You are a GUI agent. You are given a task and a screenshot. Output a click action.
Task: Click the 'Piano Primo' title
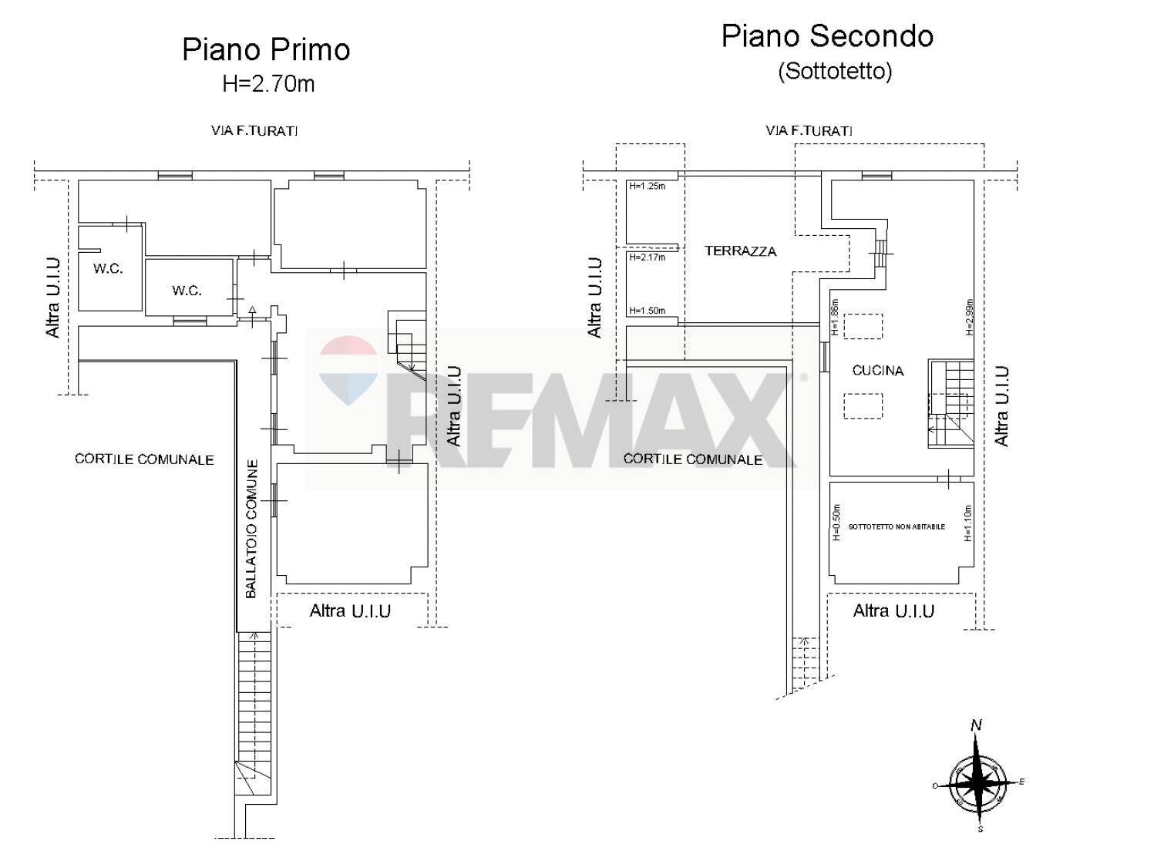[x=266, y=49]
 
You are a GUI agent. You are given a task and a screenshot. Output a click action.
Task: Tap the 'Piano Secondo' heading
[x=827, y=36]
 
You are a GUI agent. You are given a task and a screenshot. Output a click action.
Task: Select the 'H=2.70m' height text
[x=268, y=83]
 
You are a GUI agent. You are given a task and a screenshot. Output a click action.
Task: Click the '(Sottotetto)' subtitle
[x=835, y=71]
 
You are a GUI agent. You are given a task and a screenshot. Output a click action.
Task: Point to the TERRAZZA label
[x=740, y=251]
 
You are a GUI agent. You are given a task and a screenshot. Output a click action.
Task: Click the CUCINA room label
[x=878, y=371]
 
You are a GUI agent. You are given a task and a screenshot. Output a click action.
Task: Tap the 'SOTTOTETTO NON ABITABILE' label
[x=897, y=527]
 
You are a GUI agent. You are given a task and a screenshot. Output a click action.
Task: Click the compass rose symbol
[x=977, y=782]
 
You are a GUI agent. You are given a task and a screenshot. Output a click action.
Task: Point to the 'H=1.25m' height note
[x=647, y=186]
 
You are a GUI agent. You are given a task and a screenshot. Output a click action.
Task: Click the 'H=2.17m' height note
[x=647, y=257]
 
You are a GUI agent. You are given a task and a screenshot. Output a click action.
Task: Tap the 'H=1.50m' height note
[x=647, y=311]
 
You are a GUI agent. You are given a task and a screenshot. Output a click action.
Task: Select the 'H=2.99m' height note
[x=969, y=317]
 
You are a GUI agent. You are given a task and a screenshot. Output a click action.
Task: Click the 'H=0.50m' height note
[x=837, y=523]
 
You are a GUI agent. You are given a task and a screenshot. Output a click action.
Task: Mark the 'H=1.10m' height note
[x=968, y=523]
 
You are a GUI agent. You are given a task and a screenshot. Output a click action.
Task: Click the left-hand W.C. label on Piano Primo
[x=108, y=270]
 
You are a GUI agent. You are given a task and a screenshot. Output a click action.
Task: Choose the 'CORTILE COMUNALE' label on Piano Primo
[x=144, y=459]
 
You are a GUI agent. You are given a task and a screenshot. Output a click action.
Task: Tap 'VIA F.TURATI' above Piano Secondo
[x=809, y=131]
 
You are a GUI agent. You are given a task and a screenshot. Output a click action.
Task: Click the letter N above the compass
[x=977, y=725]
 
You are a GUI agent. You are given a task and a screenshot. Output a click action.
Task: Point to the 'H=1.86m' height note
[x=834, y=318]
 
